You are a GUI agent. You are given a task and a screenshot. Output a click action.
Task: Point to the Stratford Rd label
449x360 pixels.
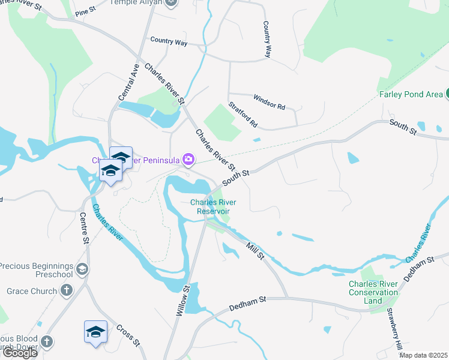[243, 115]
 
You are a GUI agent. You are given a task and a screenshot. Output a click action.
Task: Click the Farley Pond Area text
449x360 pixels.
[411, 94]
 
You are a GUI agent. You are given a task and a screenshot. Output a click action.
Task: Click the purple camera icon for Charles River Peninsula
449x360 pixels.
[189, 159]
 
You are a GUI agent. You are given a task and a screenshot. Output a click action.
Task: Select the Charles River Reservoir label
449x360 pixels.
[210, 206]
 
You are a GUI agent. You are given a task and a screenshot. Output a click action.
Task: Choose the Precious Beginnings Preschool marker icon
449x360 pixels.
[82, 270]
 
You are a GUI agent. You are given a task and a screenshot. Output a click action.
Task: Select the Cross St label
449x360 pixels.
[128, 335]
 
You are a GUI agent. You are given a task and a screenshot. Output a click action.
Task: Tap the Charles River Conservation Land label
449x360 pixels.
[373, 292]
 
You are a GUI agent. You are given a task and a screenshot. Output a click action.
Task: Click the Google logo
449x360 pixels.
[19, 353]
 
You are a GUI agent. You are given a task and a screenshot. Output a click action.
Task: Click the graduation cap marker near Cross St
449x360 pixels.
[95, 332]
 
